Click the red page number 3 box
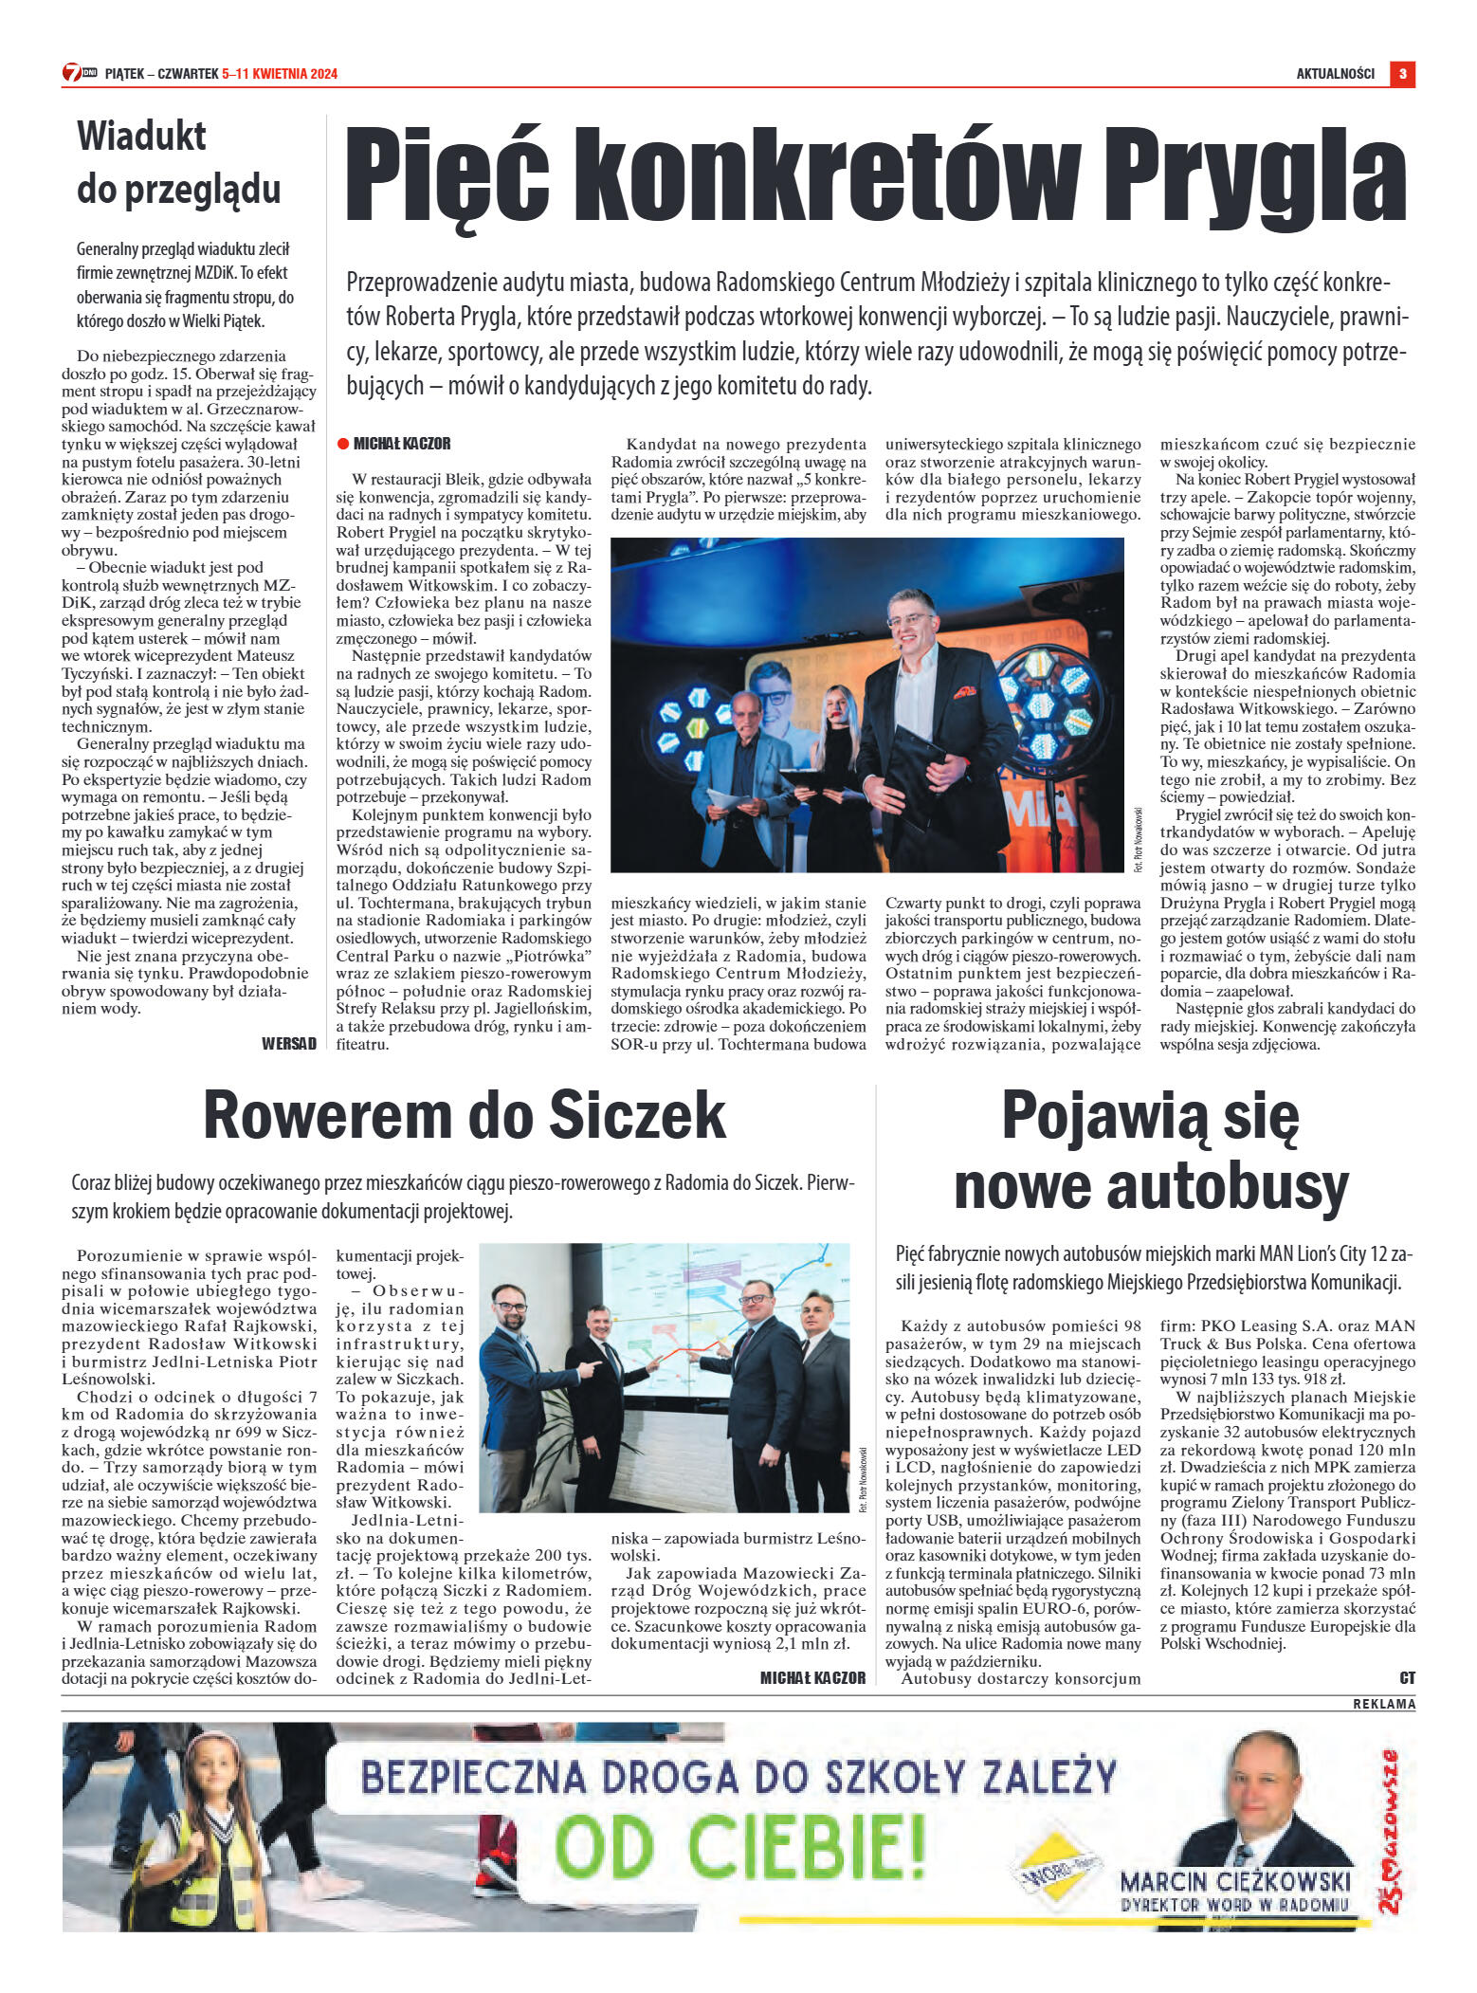click(x=1402, y=74)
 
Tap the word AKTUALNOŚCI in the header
click(x=1335, y=74)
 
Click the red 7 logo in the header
click(x=72, y=73)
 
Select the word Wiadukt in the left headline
click(x=141, y=137)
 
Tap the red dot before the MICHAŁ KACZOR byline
click(x=343, y=444)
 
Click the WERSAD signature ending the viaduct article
click(x=289, y=1044)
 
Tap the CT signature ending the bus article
click(x=1407, y=1678)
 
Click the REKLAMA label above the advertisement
click(x=1384, y=1704)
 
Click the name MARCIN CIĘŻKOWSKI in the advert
click(x=1234, y=1881)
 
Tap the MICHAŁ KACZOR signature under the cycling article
click(x=812, y=1678)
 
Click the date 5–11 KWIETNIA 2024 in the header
click(x=280, y=74)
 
